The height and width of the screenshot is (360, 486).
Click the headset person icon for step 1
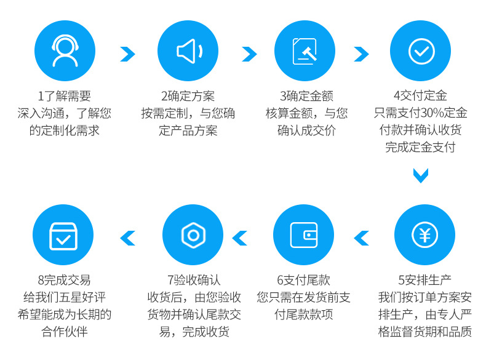tap(65, 51)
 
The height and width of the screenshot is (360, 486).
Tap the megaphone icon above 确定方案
tap(188, 51)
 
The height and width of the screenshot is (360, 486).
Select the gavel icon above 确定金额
tap(305, 51)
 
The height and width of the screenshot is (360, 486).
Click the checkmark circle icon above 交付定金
tap(421, 51)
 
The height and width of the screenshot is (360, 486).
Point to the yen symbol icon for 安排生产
tap(424, 235)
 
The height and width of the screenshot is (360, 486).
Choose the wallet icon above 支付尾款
tap(304, 235)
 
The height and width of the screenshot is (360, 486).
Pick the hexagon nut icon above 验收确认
tap(193, 235)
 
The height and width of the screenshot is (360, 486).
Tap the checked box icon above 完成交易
tap(63, 235)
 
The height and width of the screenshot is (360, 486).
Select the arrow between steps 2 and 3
tap(249, 54)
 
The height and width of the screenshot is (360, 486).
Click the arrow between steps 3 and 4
tap(361, 54)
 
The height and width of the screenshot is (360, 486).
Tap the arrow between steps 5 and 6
tap(362, 238)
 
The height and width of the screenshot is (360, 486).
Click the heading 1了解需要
tap(64, 96)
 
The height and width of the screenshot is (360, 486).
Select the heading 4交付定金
tap(420, 96)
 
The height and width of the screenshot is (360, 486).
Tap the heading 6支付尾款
tap(304, 280)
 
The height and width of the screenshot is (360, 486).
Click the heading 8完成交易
tap(64, 280)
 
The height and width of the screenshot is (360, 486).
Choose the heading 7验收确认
tap(193, 280)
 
